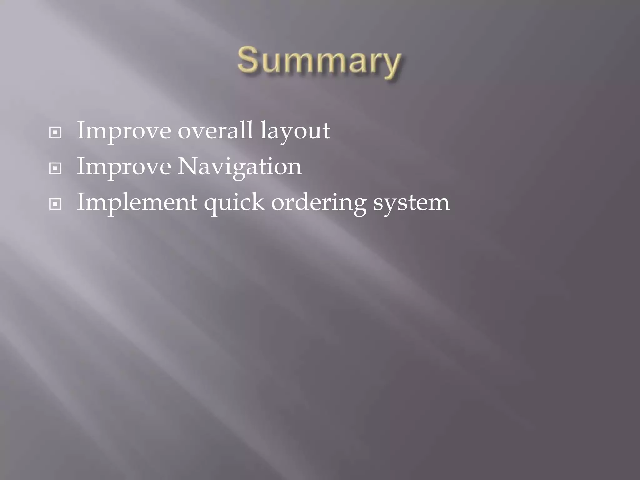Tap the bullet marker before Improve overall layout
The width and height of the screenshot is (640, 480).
[55, 133]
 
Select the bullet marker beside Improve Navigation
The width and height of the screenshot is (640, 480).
[55, 169]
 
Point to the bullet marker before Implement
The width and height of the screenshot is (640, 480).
[55, 205]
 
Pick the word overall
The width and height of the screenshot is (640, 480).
[215, 131]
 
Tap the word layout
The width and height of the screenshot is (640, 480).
[295, 131]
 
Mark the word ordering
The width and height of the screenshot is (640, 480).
[318, 203]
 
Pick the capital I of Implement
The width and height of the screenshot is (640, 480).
[81, 202]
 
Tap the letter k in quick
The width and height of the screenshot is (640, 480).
[257, 202]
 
